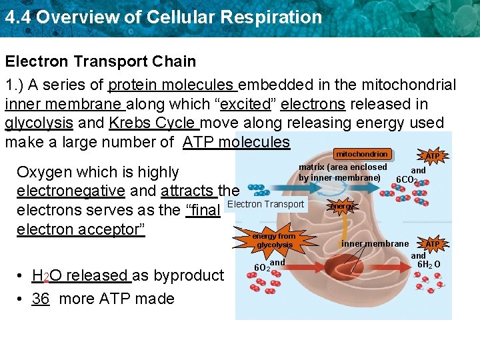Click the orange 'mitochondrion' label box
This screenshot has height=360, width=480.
point(361,154)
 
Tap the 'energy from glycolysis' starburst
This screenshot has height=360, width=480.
point(275,241)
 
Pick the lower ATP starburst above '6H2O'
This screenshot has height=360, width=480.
point(433,244)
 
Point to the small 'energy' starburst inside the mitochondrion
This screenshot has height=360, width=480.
point(343,207)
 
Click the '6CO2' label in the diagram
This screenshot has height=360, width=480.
point(407,180)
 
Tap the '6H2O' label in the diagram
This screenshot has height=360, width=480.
point(429,265)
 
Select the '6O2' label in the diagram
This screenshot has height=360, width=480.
point(261,267)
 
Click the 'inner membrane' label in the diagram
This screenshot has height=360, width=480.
point(375,243)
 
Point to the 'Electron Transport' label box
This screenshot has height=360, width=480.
point(266,204)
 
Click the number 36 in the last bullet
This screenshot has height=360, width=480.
point(41,299)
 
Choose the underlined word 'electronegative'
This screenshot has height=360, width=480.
point(70,191)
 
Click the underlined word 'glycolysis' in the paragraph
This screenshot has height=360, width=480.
point(39,123)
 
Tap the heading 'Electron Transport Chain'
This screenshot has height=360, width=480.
point(101,61)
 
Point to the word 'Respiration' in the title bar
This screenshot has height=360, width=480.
point(274,17)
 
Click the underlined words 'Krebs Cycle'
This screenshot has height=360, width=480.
point(153,123)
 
